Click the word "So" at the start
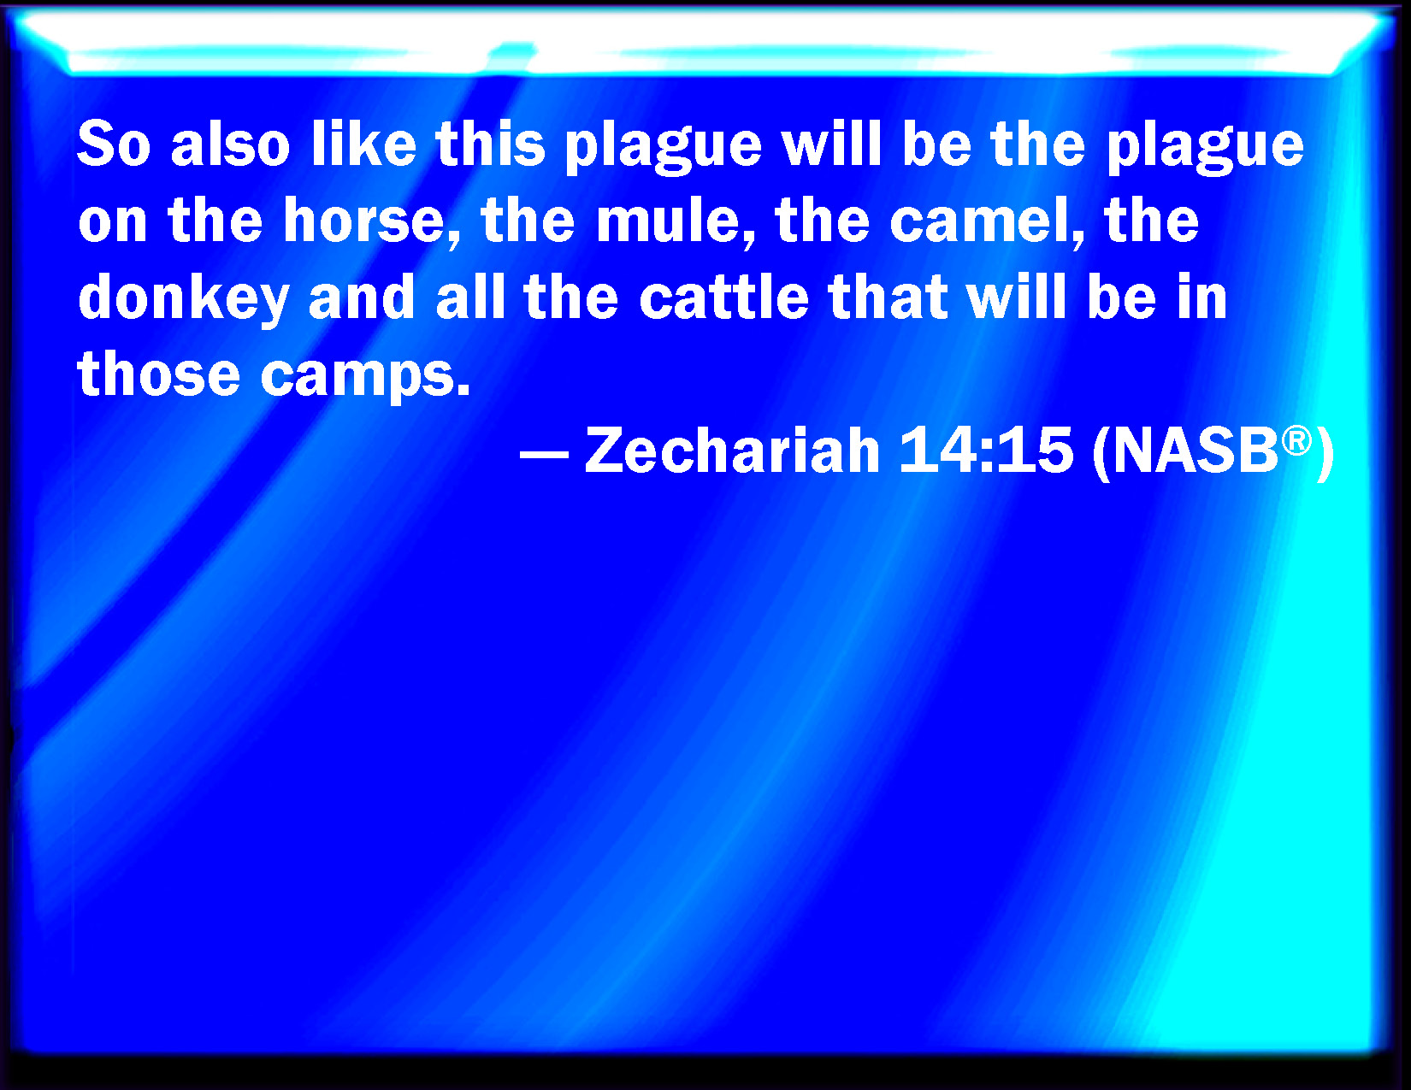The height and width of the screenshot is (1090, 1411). point(115,144)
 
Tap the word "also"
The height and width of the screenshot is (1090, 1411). point(230,144)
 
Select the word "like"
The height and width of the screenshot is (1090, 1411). point(363,144)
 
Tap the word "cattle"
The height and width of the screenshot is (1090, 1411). point(724,298)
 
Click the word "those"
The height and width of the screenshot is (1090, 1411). point(159,373)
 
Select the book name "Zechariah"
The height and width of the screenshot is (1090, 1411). point(733,450)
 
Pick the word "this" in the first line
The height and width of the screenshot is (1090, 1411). point(490,144)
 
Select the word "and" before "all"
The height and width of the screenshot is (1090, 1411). point(362,298)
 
